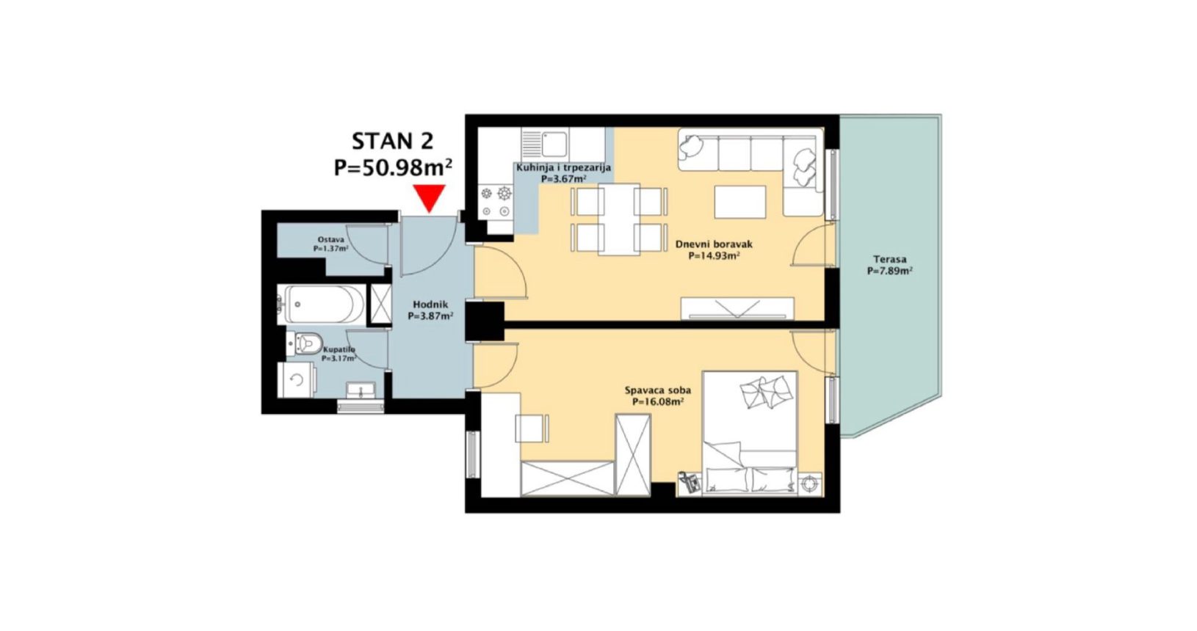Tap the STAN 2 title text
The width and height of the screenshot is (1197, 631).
[x=393, y=141]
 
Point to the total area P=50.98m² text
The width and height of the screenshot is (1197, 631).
[x=393, y=167]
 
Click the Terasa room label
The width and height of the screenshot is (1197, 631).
[x=890, y=260]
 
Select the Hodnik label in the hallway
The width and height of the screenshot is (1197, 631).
[x=431, y=304]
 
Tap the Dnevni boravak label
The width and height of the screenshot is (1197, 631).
[x=714, y=244]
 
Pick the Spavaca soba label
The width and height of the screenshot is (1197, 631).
[x=658, y=390]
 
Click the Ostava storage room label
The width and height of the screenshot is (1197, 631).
[x=330, y=240]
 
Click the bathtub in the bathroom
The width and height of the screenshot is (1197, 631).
[x=321, y=304]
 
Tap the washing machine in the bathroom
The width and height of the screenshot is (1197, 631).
[x=296, y=380]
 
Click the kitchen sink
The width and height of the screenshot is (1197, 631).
[x=545, y=143]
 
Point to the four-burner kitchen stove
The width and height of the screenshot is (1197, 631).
[x=496, y=202]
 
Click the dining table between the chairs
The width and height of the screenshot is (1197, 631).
[x=619, y=219]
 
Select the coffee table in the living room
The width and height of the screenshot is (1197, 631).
[x=740, y=202]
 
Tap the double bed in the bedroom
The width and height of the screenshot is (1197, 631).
[x=750, y=433]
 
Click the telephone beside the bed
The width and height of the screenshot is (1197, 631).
[x=690, y=483]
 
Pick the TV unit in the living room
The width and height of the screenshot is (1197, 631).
[x=737, y=309]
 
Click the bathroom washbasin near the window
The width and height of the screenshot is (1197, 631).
[x=361, y=390]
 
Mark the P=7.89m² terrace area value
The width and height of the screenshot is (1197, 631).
[x=890, y=271]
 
